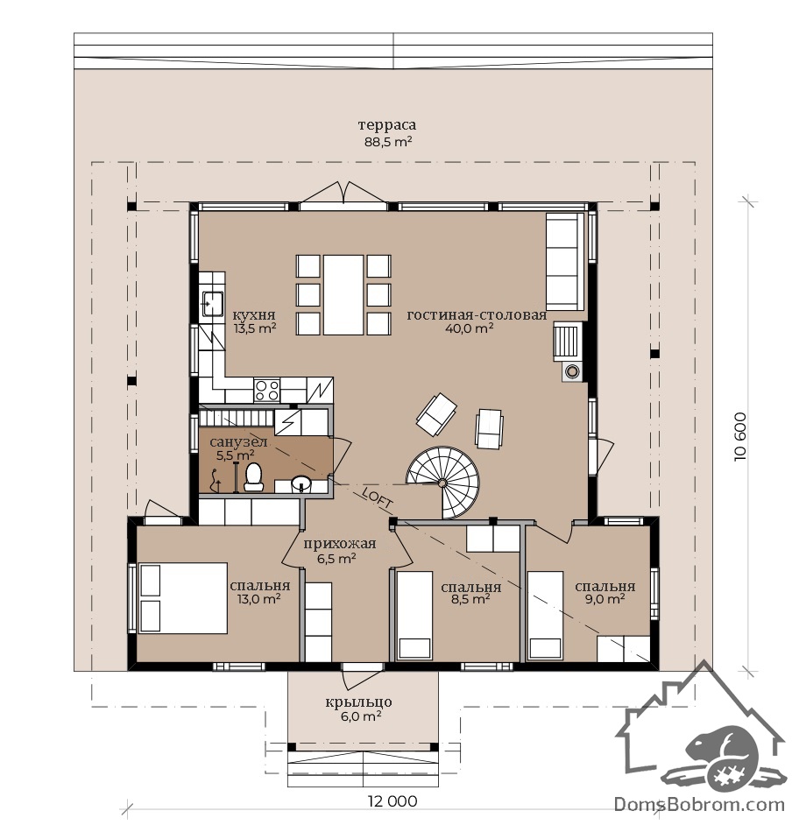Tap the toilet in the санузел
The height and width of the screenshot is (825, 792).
(x=254, y=476)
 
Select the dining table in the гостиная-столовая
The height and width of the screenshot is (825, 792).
(x=343, y=294)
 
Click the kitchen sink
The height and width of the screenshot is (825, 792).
(x=213, y=303)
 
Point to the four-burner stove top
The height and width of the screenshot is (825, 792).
(x=267, y=391)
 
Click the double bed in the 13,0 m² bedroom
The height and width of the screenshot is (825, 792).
(x=183, y=598)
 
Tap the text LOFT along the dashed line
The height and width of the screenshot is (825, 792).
(x=378, y=498)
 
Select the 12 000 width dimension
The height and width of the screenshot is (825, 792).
(x=392, y=801)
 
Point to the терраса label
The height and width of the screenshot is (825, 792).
(x=387, y=125)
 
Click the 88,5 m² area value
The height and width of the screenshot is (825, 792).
(x=388, y=142)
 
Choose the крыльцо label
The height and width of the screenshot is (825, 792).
(x=358, y=702)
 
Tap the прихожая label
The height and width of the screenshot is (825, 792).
(x=339, y=544)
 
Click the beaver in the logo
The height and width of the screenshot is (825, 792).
(x=721, y=756)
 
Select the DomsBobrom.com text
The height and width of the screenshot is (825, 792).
(x=700, y=805)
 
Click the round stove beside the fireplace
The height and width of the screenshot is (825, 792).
(x=572, y=371)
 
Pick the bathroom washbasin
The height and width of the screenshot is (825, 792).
(x=301, y=483)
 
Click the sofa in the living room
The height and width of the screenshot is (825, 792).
(x=565, y=262)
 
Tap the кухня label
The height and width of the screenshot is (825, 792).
(x=254, y=315)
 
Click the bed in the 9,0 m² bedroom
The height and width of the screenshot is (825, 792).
(x=546, y=615)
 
